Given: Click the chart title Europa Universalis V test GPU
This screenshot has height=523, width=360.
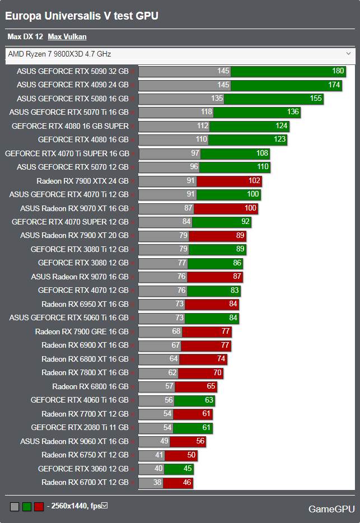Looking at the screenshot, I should click(82, 16).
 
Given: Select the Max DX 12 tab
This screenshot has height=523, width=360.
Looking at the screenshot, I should click(25, 37).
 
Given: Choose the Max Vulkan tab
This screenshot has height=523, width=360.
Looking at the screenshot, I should click(67, 37).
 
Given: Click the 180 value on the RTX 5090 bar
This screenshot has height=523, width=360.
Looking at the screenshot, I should click(338, 71).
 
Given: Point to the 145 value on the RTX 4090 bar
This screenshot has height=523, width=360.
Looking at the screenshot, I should click(223, 85).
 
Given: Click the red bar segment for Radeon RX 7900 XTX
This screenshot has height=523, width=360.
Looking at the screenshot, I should click(230, 181).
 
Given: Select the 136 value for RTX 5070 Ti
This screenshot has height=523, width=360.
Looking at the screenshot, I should click(293, 113).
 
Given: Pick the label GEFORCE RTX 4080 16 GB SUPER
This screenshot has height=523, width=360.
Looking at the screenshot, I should click(70, 126).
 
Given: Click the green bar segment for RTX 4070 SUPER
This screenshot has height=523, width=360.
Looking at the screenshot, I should click(222, 222).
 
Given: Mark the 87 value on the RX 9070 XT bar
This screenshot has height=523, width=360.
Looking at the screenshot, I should click(188, 208).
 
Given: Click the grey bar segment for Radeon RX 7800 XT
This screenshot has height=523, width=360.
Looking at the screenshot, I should click(158, 373).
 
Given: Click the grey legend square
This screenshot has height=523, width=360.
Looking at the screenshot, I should click(15, 507).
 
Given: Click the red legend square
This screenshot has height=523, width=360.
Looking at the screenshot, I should click(39, 507).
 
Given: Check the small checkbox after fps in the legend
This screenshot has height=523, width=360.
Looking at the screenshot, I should click(104, 506).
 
